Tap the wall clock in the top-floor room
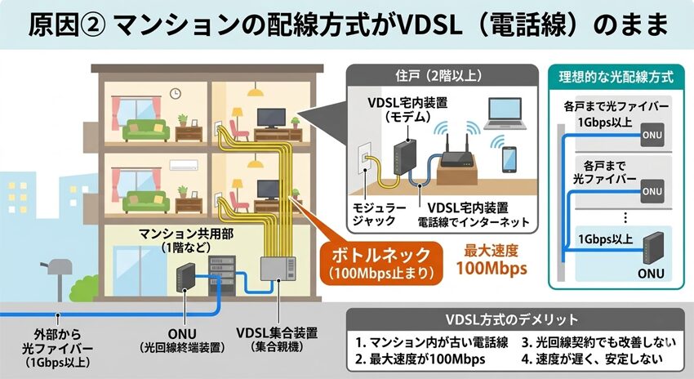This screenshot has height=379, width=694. [175, 93]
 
